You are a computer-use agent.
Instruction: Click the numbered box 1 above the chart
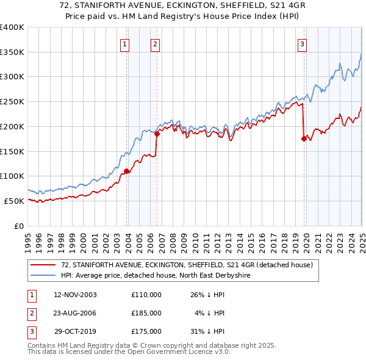point(124,43)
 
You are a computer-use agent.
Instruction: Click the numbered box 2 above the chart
point(155,43)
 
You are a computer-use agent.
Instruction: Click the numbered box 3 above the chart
point(302,43)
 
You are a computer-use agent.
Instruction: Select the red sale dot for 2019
point(304,139)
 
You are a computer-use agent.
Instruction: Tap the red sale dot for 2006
point(157,134)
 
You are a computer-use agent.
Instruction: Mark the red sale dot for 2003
point(126,171)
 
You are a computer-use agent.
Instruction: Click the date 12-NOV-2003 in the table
point(76,295)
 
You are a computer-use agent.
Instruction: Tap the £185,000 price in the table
point(146,313)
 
